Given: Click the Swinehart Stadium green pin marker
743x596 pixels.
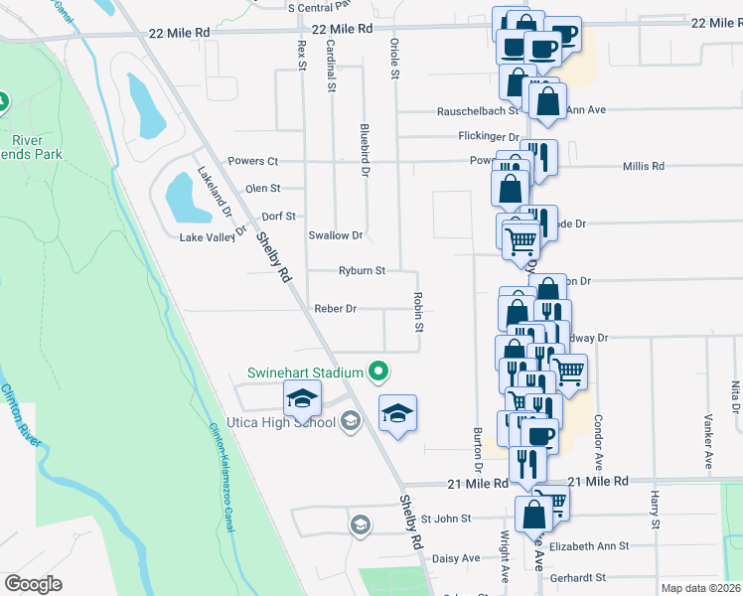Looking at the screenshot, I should coord(377,372).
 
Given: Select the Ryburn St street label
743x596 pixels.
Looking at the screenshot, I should coord(362,270).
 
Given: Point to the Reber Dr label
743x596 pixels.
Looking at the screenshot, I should coord(335,309).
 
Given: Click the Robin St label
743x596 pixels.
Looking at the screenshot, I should coord(419,313).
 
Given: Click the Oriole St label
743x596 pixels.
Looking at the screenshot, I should coord(395,60).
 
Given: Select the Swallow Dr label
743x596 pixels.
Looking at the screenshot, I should coord(336,235).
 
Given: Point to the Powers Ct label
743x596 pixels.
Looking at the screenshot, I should coord(252,161).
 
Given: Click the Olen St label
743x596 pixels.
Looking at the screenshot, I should coord(263,188).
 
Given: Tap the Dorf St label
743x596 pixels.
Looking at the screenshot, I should coord(278,216).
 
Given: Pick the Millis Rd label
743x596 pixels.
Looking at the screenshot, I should coord(644,167).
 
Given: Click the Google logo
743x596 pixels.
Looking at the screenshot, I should coord(33,584).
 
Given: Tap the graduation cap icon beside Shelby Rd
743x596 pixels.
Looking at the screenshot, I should coord(397,411).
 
